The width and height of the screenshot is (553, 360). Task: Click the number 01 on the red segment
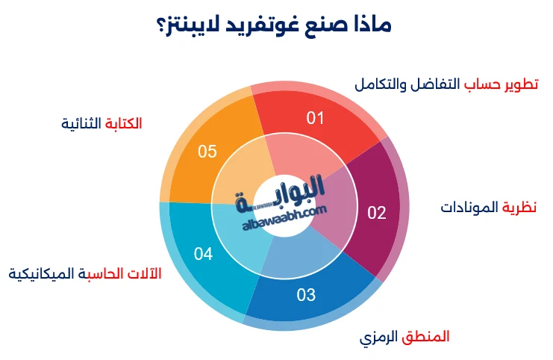tap(316, 118)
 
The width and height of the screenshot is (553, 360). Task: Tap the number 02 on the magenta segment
tap(377, 213)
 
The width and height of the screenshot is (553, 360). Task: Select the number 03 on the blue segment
tap(306, 294)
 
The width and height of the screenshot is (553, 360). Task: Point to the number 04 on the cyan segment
tap(204, 254)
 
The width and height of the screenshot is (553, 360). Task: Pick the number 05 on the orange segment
tap(207, 152)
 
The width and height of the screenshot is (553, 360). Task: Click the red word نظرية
tap(519, 206)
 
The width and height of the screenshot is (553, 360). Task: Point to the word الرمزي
tap(380, 337)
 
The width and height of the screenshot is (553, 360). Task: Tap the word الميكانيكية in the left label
tap(42, 273)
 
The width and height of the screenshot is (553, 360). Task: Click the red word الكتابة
tap(124, 122)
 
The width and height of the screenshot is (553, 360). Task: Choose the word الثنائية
tap(82, 122)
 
